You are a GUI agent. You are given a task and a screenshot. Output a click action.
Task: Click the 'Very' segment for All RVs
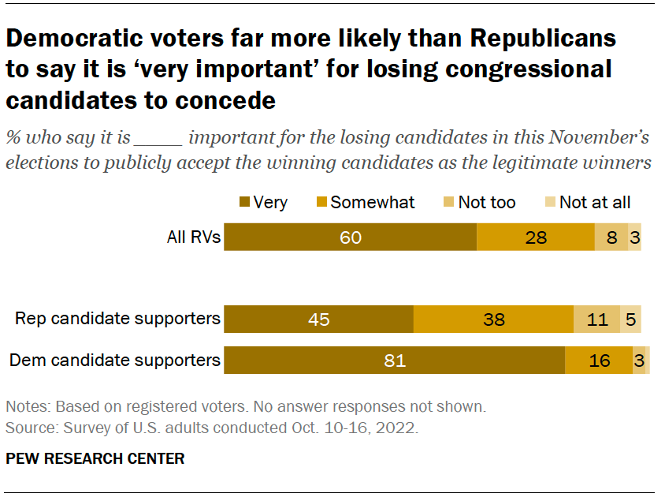point(351,237)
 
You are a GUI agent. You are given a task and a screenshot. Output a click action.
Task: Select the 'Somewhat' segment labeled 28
point(536,237)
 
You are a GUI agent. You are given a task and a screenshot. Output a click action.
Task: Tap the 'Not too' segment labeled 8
point(611,237)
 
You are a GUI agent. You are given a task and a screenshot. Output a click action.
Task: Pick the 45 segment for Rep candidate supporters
point(319,319)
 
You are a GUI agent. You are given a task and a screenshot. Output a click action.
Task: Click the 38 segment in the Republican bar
point(493,319)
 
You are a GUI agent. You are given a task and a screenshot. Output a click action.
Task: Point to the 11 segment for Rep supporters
point(596,319)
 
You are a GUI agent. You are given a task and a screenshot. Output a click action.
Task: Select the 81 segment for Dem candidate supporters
point(394,361)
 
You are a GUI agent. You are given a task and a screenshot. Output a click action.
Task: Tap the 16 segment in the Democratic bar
point(599,361)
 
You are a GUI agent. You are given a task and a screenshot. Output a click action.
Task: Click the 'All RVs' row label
point(194,237)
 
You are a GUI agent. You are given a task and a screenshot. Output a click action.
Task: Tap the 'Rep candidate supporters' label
point(118,319)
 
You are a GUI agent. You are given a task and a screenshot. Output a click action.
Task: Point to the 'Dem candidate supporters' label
point(114,361)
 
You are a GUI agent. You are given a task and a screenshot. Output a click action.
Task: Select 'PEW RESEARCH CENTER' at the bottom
point(95,458)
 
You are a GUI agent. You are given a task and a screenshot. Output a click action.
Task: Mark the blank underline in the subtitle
point(158,140)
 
